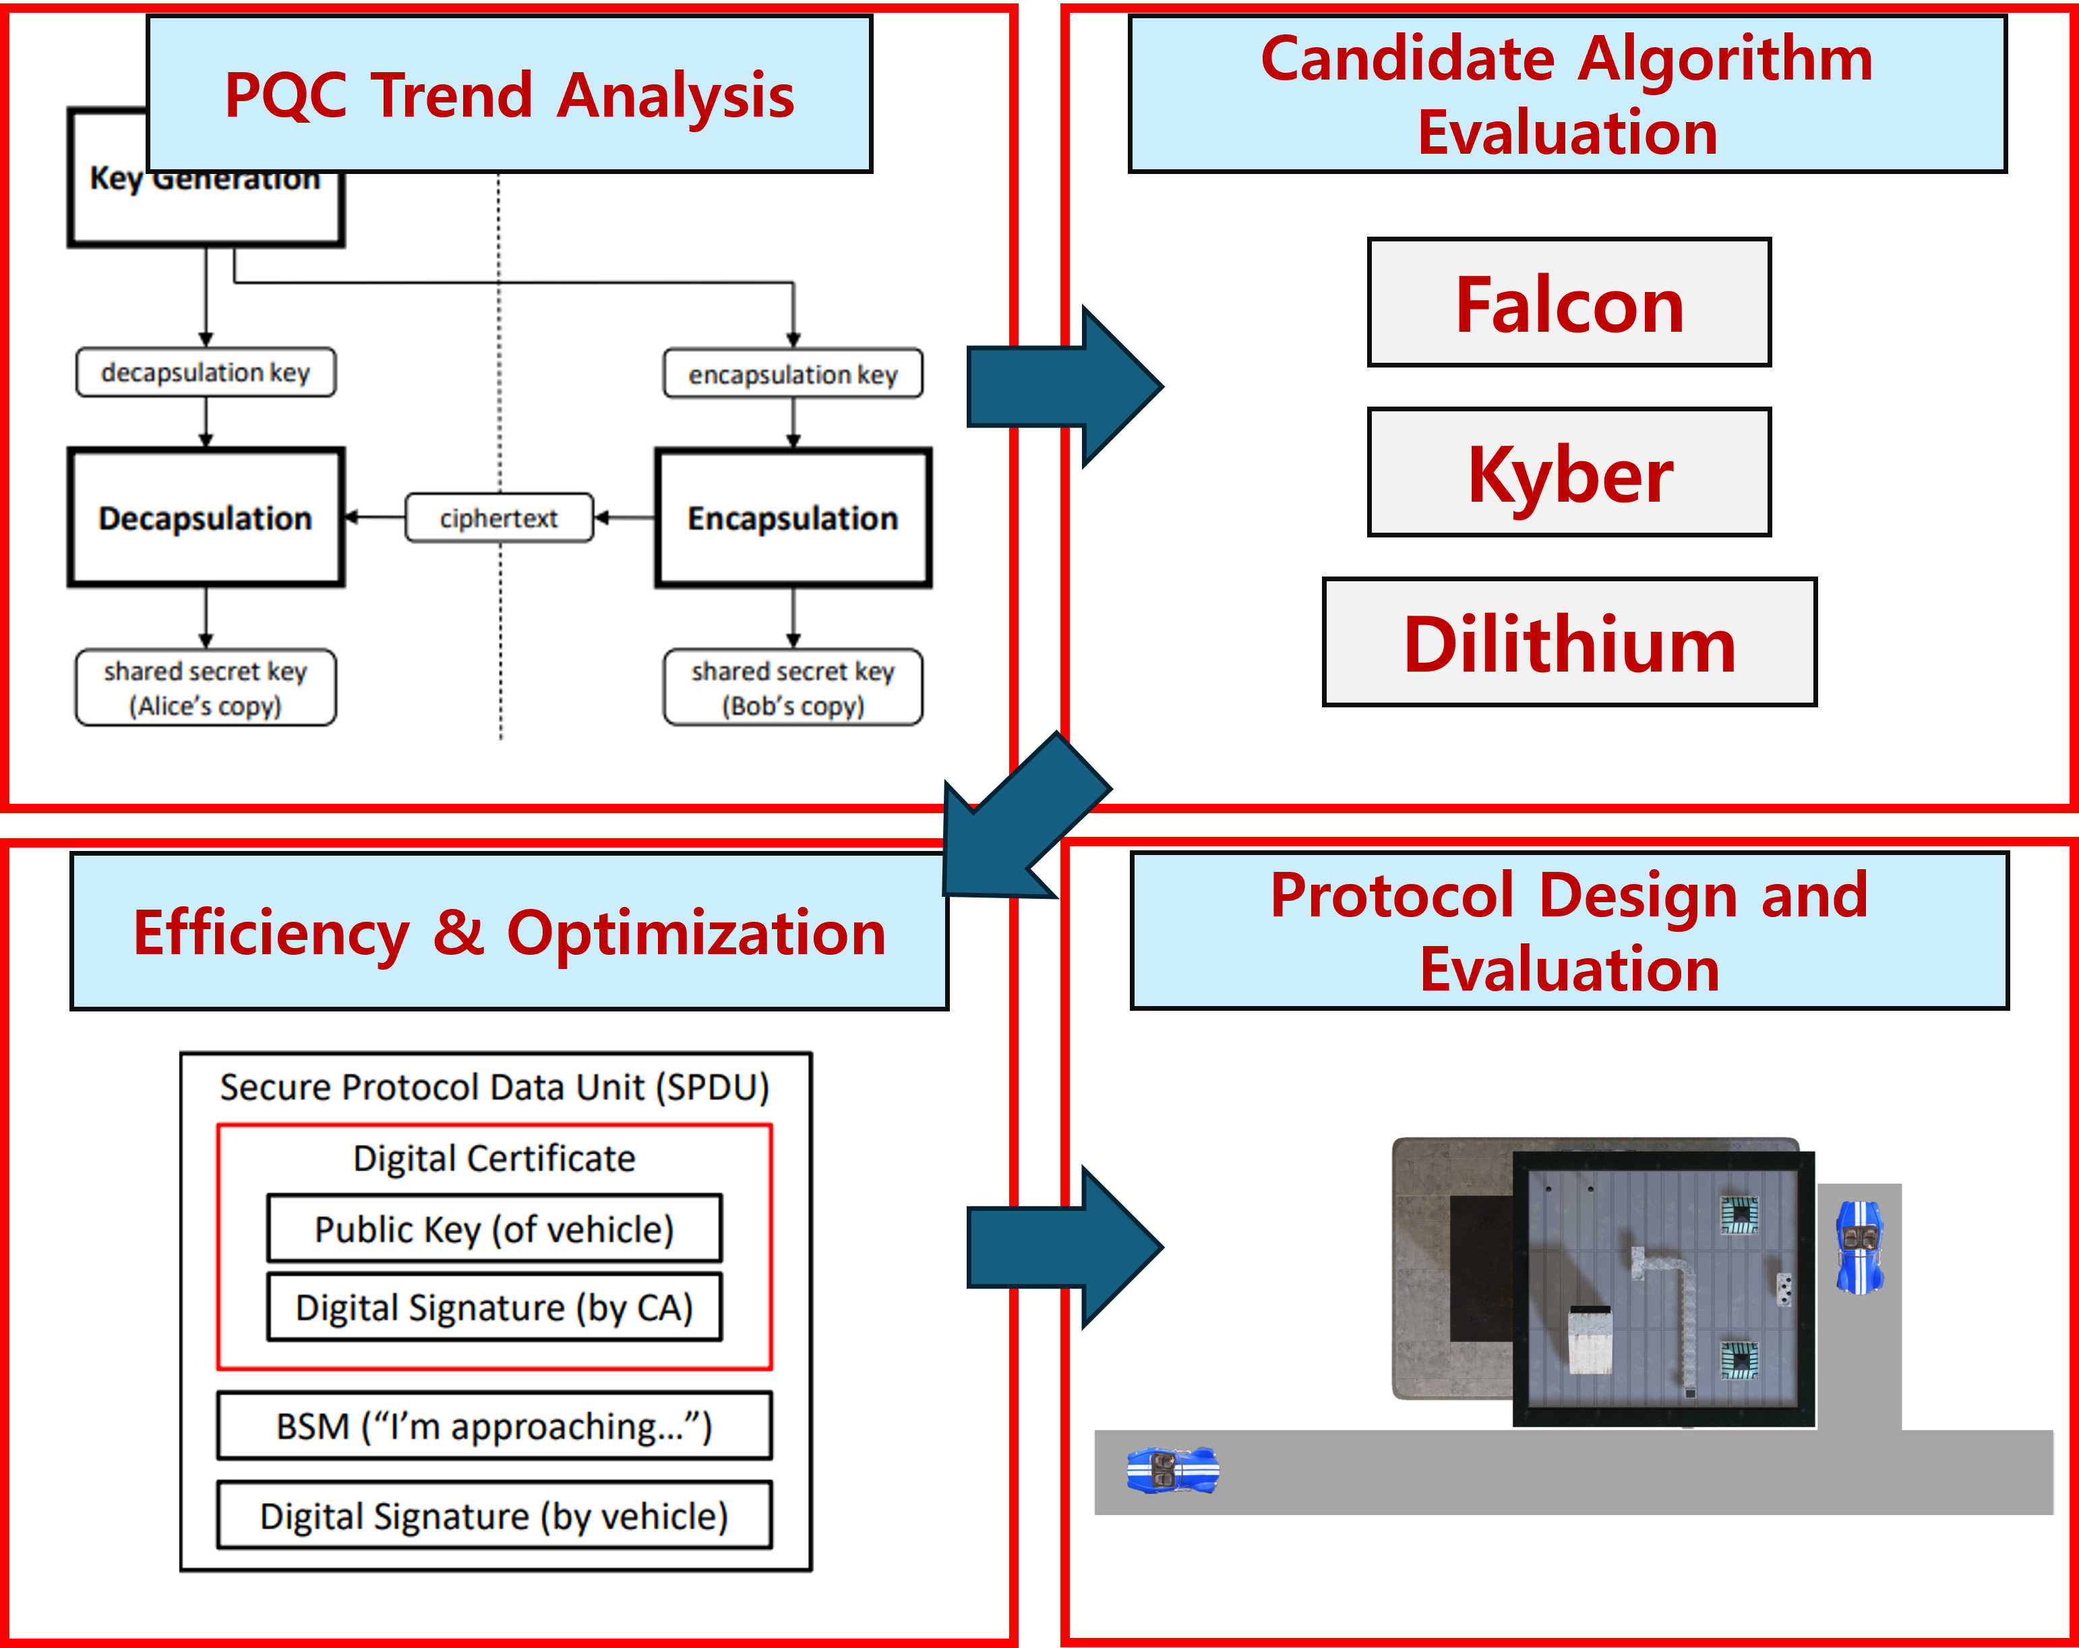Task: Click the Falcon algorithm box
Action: (x=1569, y=303)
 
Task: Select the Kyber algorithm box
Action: (x=1569, y=473)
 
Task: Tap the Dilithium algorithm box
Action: (x=1569, y=642)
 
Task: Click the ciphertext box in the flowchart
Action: (x=499, y=518)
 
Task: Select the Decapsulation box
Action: (x=206, y=518)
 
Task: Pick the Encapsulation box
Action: (x=793, y=518)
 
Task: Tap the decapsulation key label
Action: (x=206, y=372)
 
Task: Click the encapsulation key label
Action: (x=793, y=373)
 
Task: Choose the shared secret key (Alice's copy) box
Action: (x=206, y=688)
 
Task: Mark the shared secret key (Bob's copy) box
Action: (x=793, y=688)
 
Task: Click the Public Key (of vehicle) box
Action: (x=493, y=1229)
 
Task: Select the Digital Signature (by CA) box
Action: (x=493, y=1307)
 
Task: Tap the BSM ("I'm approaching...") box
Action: (x=493, y=1425)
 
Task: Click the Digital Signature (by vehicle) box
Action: (x=493, y=1516)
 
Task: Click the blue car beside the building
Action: (x=1859, y=1247)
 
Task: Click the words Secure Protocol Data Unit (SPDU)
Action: (x=493, y=1087)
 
